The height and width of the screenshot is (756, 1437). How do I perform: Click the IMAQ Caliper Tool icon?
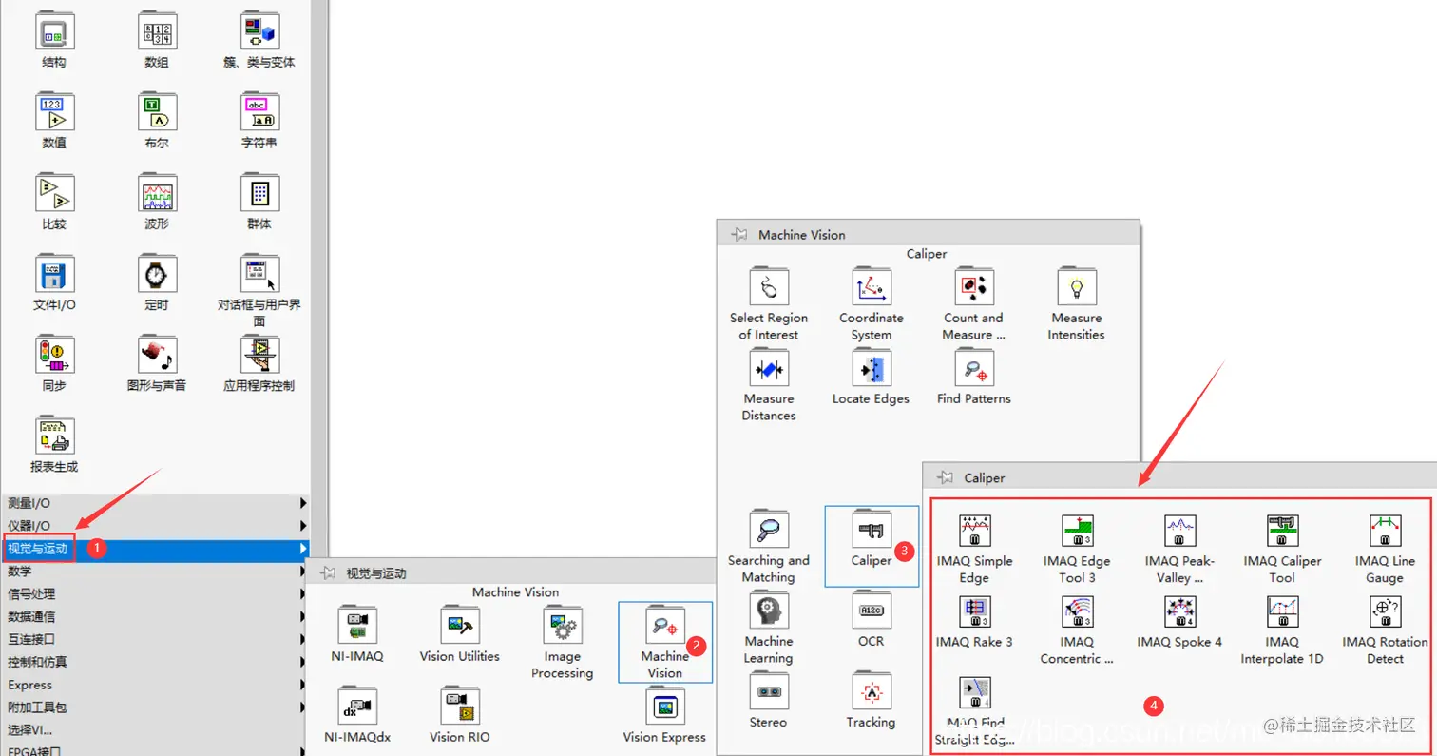tap(1282, 530)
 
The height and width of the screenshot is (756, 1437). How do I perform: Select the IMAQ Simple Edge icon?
tap(974, 530)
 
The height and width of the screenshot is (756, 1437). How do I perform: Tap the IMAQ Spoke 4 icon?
tap(1179, 611)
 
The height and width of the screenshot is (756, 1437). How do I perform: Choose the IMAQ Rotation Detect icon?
tap(1385, 611)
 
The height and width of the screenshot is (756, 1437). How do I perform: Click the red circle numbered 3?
tap(906, 551)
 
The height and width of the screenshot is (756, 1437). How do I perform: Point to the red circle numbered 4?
tap(1154, 706)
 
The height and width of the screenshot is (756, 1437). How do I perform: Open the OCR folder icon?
tap(871, 611)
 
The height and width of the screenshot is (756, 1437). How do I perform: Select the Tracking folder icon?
tap(871, 691)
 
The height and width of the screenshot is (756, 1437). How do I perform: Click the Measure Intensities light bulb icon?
tap(1077, 287)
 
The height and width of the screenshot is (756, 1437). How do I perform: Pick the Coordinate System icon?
tap(872, 287)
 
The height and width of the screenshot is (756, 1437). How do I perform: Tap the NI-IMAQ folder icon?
tap(358, 626)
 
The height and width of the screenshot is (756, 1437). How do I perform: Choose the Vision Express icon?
tap(665, 707)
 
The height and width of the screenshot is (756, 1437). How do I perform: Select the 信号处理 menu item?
tap(32, 593)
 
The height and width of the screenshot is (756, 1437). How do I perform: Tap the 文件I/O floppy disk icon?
tap(54, 275)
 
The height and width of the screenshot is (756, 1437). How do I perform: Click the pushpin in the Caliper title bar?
tap(945, 477)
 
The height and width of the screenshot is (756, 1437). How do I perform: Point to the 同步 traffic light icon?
tap(54, 355)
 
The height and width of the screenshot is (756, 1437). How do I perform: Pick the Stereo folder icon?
tap(768, 691)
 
